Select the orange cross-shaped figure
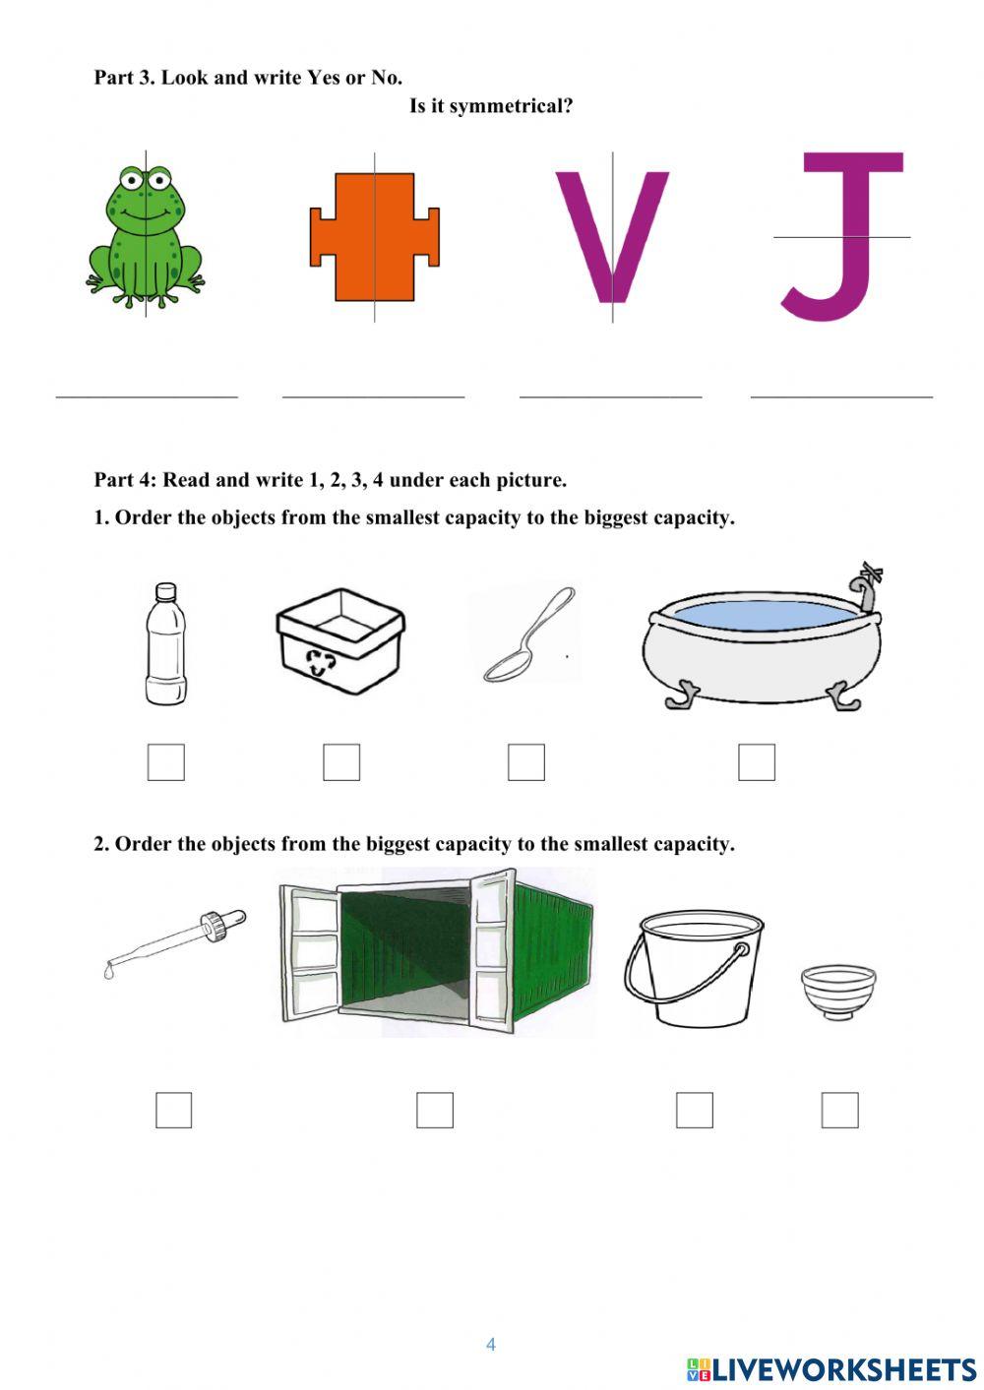[x=374, y=236]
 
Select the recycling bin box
[x=340, y=640]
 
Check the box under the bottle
[x=165, y=762]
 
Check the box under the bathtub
[x=757, y=762]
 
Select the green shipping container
[x=438, y=951]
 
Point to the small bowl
[x=838, y=992]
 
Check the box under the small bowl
[x=839, y=1111]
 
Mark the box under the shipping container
[x=434, y=1111]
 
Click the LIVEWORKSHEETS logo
[x=831, y=1369]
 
